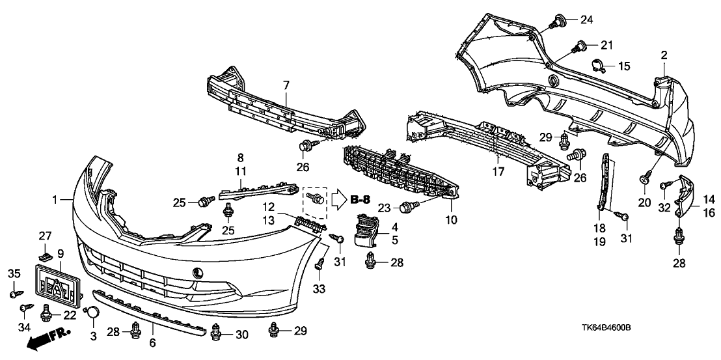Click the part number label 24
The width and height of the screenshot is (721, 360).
[x=587, y=20]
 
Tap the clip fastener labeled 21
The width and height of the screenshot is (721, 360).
[x=577, y=46]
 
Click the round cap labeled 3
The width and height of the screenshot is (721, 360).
[x=93, y=313]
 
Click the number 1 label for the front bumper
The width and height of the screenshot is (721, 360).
[x=55, y=199]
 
